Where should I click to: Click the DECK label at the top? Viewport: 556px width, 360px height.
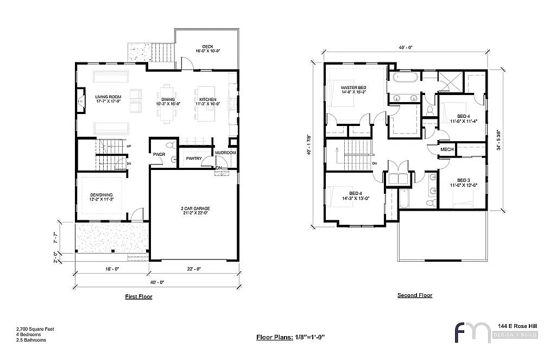tap(207, 47)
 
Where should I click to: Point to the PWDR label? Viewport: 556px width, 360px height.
tap(159, 154)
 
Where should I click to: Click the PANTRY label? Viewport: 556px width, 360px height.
tap(194, 159)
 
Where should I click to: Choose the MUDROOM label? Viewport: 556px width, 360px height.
tap(225, 153)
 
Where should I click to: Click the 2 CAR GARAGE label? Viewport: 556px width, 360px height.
tap(194, 209)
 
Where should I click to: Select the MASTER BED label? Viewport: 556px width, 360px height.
tap(353, 88)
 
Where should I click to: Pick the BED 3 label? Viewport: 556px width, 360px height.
tap(463, 180)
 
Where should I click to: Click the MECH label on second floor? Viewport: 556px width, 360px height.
tap(447, 149)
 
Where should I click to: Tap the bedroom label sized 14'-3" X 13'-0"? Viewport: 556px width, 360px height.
tap(355, 194)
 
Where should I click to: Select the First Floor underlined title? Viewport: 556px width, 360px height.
tap(138, 297)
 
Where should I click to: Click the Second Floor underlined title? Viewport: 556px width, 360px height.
tap(415, 295)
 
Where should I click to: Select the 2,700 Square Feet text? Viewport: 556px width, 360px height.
tap(35, 329)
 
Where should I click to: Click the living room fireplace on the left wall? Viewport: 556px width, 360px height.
tap(81, 100)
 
